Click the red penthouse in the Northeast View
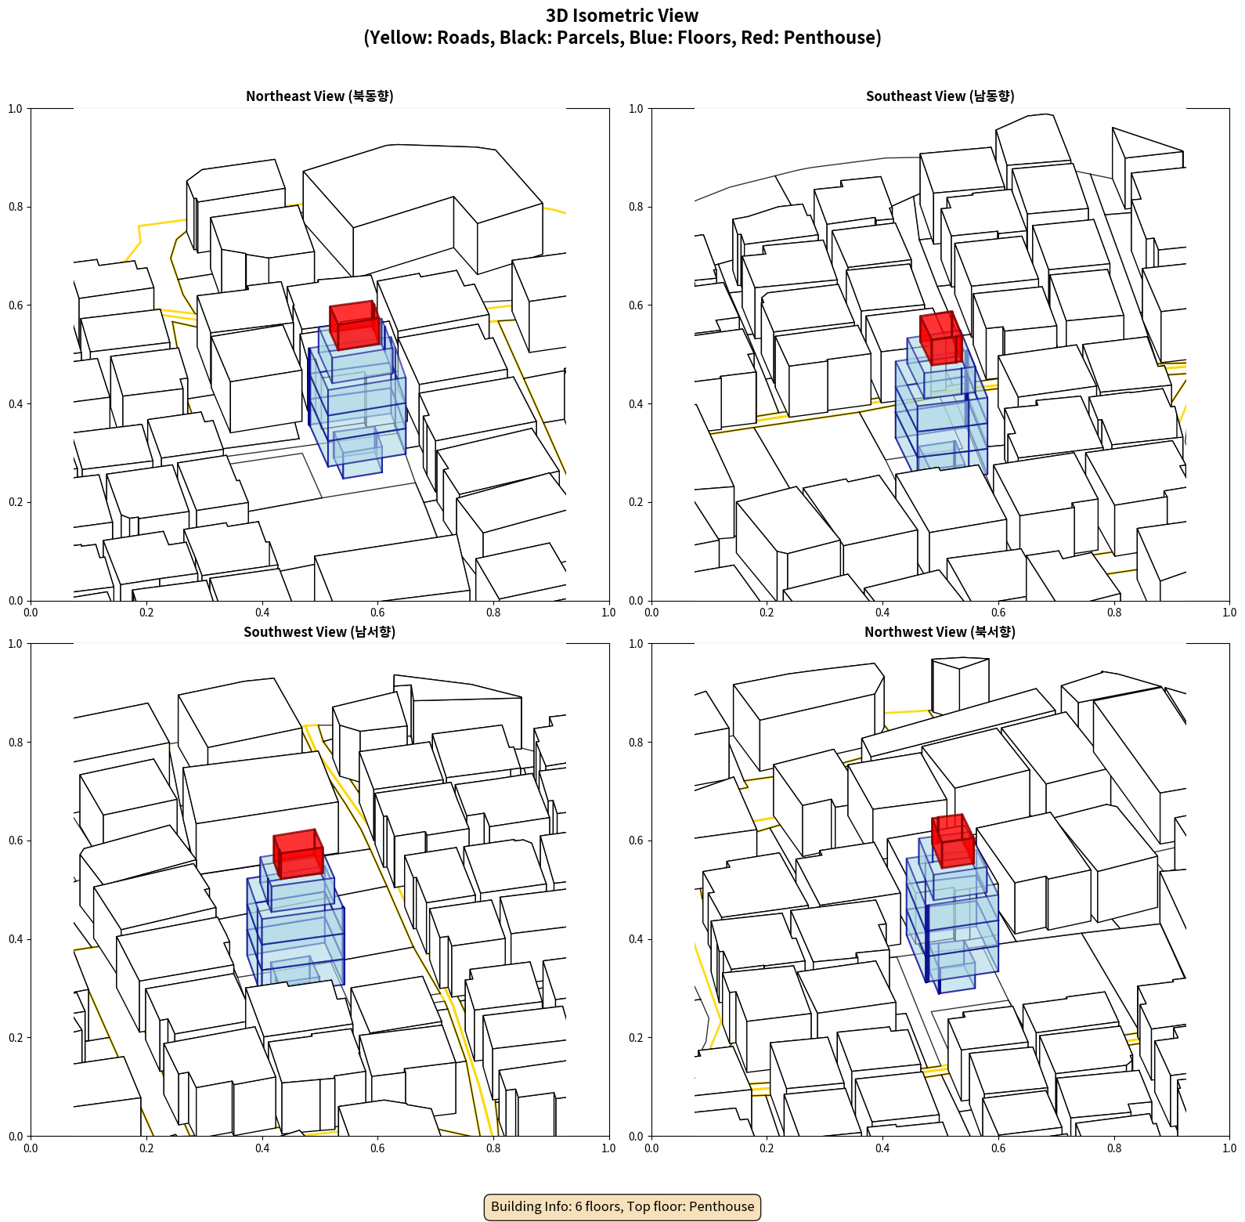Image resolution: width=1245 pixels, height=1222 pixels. point(355,325)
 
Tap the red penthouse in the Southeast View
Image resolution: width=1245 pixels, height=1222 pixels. point(940,338)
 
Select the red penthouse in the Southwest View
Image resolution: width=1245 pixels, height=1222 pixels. point(298,854)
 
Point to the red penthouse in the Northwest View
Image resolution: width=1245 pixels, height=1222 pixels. point(953,841)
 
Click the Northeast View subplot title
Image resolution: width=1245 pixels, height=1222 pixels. point(319,96)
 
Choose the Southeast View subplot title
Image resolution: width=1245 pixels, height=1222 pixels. point(940,96)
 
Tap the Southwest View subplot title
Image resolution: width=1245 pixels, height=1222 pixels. point(319,631)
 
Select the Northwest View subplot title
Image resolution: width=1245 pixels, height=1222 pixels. point(940,631)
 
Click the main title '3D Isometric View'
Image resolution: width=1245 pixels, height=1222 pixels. point(622,16)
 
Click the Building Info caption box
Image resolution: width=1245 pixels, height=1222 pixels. point(622,1206)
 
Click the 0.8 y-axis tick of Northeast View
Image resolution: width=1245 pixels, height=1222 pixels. point(16,207)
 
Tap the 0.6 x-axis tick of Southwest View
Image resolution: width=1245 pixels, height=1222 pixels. point(377,1148)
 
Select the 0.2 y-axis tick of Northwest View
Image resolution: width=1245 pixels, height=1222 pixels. point(636,1037)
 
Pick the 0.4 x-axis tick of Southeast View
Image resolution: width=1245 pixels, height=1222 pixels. point(882,613)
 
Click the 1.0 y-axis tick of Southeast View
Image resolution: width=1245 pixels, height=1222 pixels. point(636,109)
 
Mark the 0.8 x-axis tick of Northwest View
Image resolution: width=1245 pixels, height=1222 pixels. point(1114,1148)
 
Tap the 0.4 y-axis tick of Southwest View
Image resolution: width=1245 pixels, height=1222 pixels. point(16,939)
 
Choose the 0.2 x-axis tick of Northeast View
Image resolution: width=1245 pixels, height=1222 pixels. point(146,613)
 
